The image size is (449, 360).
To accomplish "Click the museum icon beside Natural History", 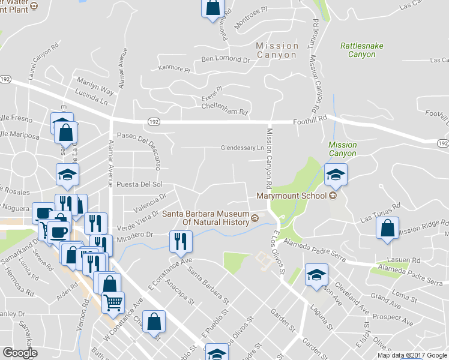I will (255, 218).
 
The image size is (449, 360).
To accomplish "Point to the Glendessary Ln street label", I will (243, 147).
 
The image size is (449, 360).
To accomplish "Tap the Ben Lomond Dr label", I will (225, 59).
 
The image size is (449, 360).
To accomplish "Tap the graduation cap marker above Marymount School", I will (336, 175).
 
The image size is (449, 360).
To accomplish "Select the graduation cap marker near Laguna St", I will (316, 275).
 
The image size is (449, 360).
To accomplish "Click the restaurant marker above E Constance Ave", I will (181, 242).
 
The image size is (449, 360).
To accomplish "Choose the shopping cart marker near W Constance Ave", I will (112, 302).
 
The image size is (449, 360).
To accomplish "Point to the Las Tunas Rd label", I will (380, 214).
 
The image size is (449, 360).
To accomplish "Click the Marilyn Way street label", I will (94, 86).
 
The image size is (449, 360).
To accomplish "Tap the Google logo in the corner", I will (20, 353).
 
